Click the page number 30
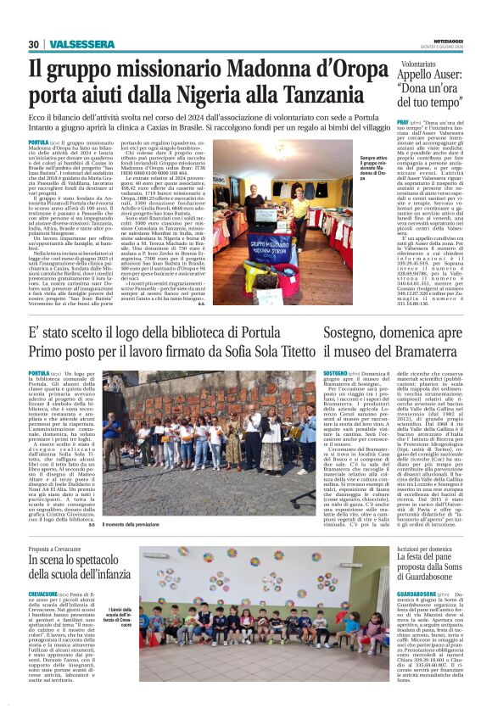pyautogui.click(x=33, y=44)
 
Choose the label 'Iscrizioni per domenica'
pyautogui.click(x=423, y=549)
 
